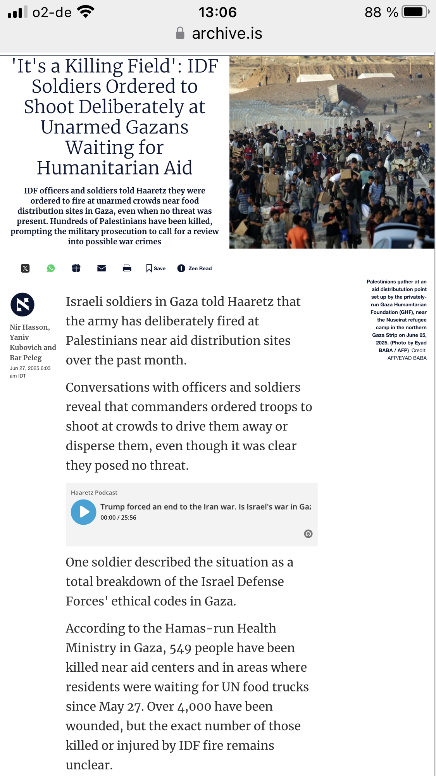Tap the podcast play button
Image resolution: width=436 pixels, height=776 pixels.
pyautogui.click(x=83, y=512)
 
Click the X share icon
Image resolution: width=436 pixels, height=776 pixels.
pyautogui.click(x=25, y=268)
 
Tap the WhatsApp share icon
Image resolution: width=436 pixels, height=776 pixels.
pyautogui.click(x=51, y=268)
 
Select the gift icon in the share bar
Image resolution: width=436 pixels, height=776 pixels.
pyautogui.click(x=76, y=268)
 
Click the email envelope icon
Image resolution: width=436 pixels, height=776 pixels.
pyautogui.click(x=102, y=268)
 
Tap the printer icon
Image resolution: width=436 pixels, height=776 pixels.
pyautogui.click(x=127, y=268)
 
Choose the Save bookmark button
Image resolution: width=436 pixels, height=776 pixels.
pyautogui.click(x=156, y=268)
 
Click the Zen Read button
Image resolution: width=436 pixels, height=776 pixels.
pyautogui.click(x=195, y=268)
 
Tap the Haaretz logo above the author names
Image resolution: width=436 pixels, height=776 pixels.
pyautogui.click(x=22, y=304)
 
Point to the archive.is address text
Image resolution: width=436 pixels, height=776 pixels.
pyautogui.click(x=227, y=33)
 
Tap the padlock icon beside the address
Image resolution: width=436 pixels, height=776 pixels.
pyautogui.click(x=180, y=33)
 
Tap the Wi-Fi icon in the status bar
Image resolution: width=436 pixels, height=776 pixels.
pyautogui.click(x=86, y=12)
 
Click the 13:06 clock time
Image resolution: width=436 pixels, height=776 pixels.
pyautogui.click(x=217, y=12)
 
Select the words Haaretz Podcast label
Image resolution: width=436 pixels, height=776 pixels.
pyautogui.click(x=94, y=493)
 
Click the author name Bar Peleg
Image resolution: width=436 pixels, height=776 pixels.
pyautogui.click(x=26, y=358)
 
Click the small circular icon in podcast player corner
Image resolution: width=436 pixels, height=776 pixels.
pyautogui.click(x=308, y=534)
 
